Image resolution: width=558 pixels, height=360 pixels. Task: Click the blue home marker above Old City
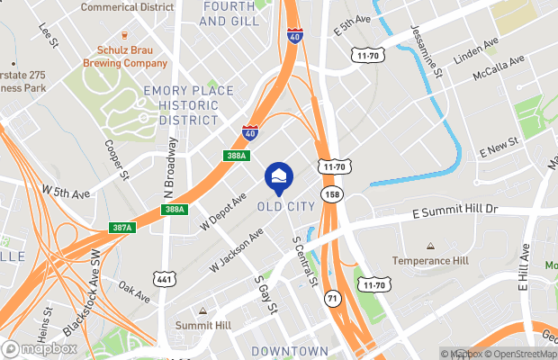279,175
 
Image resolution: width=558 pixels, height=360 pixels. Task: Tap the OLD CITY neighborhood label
286,206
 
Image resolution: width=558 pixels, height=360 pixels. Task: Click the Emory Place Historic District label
188,105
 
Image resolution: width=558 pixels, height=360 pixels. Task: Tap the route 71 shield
332,297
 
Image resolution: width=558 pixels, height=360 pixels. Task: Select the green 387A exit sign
123,227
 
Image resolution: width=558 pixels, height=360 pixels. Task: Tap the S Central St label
302,261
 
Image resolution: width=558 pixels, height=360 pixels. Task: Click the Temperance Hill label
431,261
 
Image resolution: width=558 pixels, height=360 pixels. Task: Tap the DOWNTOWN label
290,350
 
